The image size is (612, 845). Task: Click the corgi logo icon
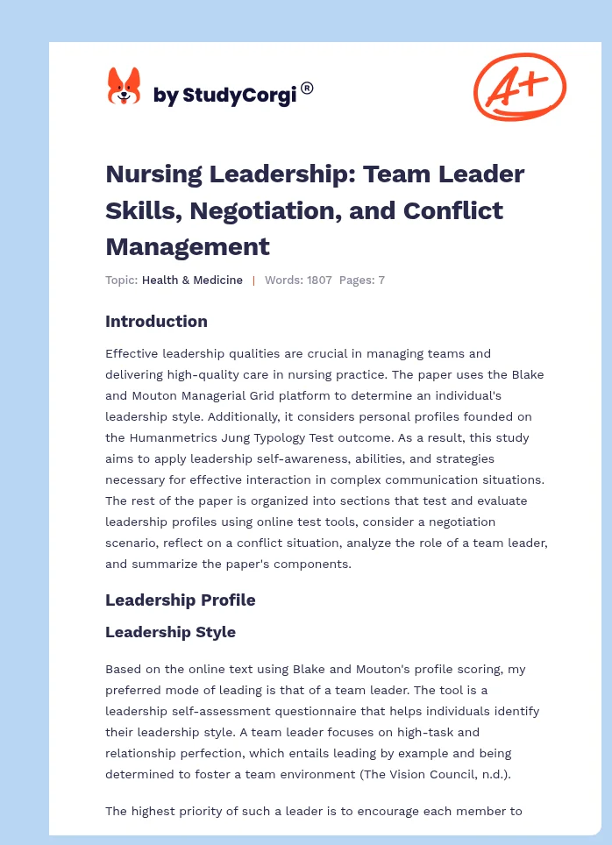coord(124,88)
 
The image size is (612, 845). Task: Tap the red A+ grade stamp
coord(519,86)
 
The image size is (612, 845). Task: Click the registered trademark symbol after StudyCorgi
coord(307,88)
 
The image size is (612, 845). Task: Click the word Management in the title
coord(188,246)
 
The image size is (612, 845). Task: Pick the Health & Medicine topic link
coord(192,280)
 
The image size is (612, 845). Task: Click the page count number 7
coord(381,280)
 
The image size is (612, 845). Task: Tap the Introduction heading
coord(156,322)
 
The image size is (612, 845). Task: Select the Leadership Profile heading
coord(180,600)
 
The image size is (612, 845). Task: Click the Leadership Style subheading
coord(170,632)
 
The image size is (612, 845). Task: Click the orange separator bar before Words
coord(253,280)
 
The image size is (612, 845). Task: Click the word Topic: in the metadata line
coord(121,280)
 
